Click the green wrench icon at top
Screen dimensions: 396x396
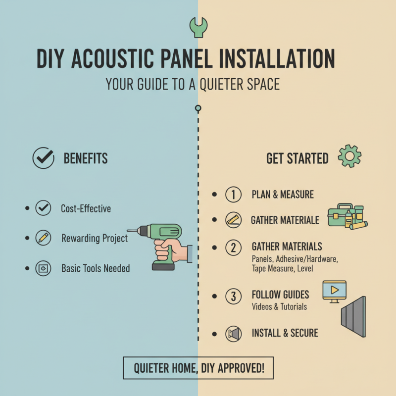click(198, 27)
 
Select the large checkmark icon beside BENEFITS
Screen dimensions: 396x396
click(43, 158)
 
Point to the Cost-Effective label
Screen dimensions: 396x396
click(86, 208)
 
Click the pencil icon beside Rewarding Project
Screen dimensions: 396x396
click(43, 238)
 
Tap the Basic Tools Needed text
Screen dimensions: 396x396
click(95, 268)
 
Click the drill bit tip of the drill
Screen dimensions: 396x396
click(130, 230)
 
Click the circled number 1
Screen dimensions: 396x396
click(233, 195)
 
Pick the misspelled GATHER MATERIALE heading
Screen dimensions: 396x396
click(285, 220)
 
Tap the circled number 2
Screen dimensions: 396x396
click(233, 247)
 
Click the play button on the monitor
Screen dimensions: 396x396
click(335, 289)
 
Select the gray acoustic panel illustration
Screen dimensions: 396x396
click(353, 317)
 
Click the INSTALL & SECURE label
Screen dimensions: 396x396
click(285, 333)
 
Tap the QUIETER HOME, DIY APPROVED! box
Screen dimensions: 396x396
click(198, 368)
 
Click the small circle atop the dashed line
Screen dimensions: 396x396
click(198, 108)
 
